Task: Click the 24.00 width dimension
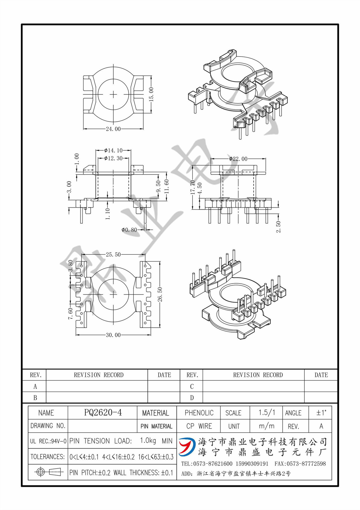click(113, 129)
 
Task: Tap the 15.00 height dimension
click(151, 94)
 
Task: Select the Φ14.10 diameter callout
click(113, 150)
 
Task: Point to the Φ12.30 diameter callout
click(113, 158)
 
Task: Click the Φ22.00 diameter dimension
click(238, 159)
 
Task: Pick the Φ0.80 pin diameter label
click(129, 230)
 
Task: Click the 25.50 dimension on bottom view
click(113, 254)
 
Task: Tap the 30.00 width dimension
click(113, 335)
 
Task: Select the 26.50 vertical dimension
click(160, 294)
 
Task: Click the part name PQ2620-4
click(103, 412)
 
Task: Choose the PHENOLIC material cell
click(199, 413)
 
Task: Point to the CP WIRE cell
click(199, 426)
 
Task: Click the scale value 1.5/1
click(267, 413)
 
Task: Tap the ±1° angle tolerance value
click(321, 413)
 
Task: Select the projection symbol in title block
click(48, 472)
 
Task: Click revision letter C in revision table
click(192, 386)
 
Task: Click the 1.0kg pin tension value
click(148, 441)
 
